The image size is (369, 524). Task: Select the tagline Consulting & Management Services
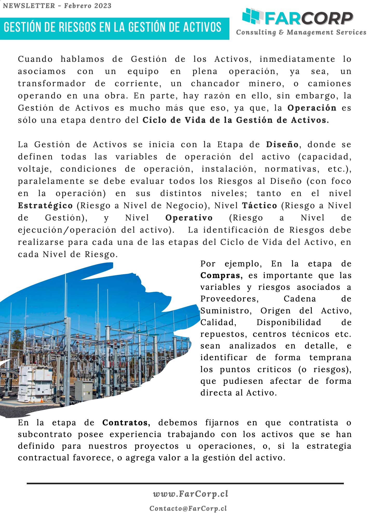[301, 32]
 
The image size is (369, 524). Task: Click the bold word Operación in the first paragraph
[312, 108]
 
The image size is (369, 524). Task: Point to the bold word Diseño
[282, 144]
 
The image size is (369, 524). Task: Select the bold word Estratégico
[45, 205]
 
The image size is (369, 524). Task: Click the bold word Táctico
[259, 205]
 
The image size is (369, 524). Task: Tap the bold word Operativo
[189, 218]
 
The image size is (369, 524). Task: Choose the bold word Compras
[221, 275]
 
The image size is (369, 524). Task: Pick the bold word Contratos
[126, 422]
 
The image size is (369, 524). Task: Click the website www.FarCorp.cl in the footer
[191, 494]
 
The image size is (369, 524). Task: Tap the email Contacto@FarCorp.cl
[188, 508]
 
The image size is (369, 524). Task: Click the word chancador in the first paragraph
[215, 83]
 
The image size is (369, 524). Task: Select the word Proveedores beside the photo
[229, 299]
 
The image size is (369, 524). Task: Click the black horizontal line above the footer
[185, 483]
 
